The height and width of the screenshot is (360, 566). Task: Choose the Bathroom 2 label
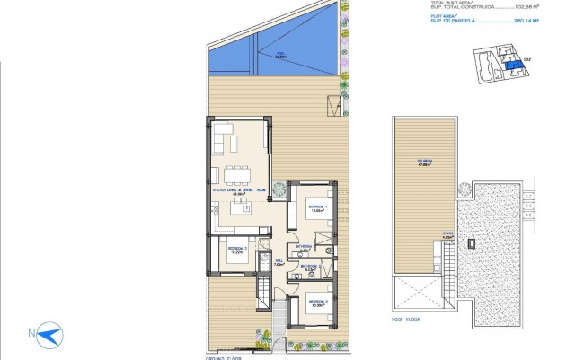[x=312, y=267]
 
